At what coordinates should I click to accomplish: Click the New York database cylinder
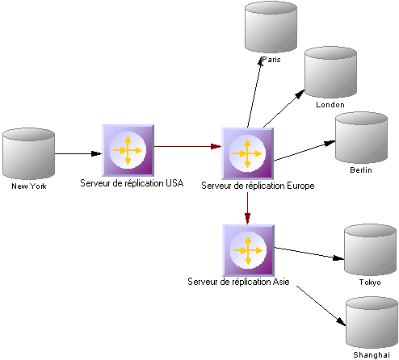pyautogui.click(x=28, y=153)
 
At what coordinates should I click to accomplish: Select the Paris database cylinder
pyautogui.click(x=271, y=27)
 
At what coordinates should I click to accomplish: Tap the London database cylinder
pyautogui.click(x=330, y=72)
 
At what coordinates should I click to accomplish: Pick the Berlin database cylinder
pyautogui.click(x=361, y=137)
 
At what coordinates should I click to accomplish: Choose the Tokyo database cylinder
pyautogui.click(x=371, y=249)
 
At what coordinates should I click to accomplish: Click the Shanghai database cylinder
pyautogui.click(x=372, y=322)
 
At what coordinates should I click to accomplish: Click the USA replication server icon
pyautogui.click(x=128, y=150)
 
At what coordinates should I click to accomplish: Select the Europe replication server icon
pyautogui.click(x=247, y=153)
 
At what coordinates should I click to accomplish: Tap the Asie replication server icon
pyautogui.click(x=248, y=250)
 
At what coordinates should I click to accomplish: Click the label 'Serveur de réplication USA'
pyautogui.click(x=132, y=183)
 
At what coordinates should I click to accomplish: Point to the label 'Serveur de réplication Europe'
pyautogui.click(x=258, y=186)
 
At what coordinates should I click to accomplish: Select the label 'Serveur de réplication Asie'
pyautogui.click(x=238, y=282)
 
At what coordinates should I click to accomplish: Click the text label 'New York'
pyautogui.click(x=29, y=186)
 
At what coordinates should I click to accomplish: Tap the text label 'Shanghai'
pyautogui.click(x=372, y=355)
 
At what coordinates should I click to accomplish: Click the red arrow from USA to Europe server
pyautogui.click(x=187, y=146)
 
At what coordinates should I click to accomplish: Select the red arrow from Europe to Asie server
pyautogui.click(x=248, y=208)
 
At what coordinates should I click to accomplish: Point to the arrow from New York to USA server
pyautogui.click(x=78, y=153)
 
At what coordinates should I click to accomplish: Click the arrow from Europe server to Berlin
pyautogui.click(x=304, y=151)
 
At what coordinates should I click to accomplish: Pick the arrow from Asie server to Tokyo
pyautogui.click(x=309, y=253)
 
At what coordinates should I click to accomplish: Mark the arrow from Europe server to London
pyautogui.click(x=284, y=109)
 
